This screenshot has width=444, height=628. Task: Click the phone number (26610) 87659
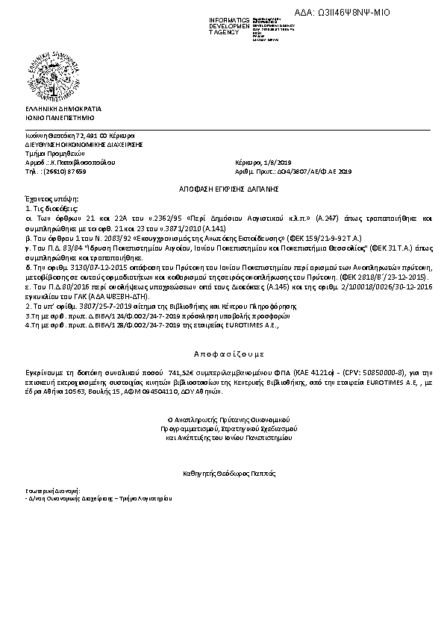[66, 171]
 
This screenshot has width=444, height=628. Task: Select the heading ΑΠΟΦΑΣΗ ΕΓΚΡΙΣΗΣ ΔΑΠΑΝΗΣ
[221, 190]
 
